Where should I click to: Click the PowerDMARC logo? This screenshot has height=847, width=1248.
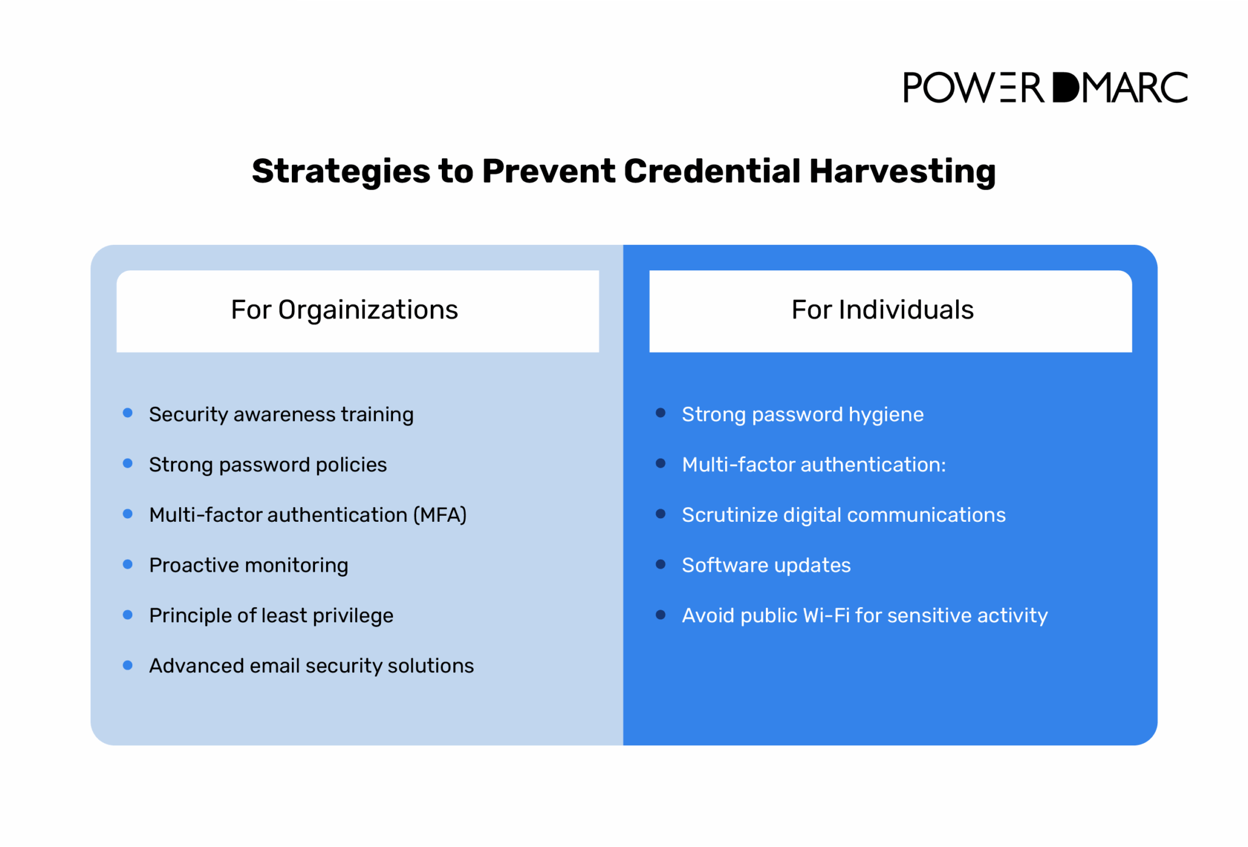(1044, 88)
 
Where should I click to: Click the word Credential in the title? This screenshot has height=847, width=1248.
(711, 171)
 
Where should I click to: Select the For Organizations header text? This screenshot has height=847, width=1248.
(344, 310)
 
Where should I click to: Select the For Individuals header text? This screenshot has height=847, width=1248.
(882, 310)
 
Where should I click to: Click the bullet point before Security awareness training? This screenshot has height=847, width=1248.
(128, 413)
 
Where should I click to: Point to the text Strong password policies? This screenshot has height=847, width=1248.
(268, 465)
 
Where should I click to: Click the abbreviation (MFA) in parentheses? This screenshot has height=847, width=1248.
(439, 515)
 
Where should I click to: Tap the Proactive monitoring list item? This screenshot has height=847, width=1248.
(249, 565)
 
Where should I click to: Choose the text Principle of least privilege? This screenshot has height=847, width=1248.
(271, 616)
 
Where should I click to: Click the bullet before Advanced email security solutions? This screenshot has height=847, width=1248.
(128, 665)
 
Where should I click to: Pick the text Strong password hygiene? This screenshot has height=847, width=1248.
(802, 415)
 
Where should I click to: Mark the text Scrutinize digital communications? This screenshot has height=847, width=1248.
(843, 515)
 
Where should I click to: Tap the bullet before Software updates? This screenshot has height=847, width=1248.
(661, 564)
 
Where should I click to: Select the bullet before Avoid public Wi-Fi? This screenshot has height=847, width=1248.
(661, 615)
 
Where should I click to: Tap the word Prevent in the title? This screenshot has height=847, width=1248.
(548, 171)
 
